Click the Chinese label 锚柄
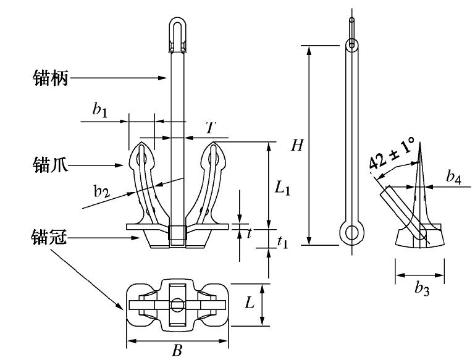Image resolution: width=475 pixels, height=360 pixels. [x=49, y=77]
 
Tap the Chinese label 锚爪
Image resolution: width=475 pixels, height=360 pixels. [x=49, y=164]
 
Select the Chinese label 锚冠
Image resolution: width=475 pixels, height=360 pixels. [x=49, y=237]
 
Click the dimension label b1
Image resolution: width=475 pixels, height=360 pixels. [x=100, y=110]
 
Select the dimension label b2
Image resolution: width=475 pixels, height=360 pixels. [x=102, y=191]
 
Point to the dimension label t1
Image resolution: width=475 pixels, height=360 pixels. [x=282, y=242]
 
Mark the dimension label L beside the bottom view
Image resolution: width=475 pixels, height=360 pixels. [x=250, y=303]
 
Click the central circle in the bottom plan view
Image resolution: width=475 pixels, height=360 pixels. [x=177, y=305]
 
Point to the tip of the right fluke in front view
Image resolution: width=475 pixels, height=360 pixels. [x=214, y=146]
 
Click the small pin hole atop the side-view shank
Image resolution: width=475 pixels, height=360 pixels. [x=351, y=44]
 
